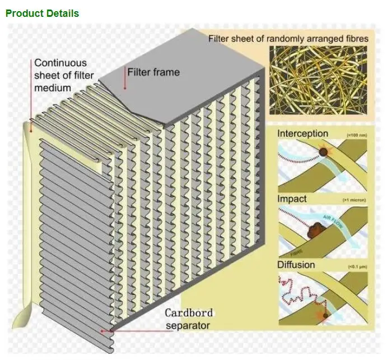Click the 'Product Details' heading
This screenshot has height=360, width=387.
point(42,13)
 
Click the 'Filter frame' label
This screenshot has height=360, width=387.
point(153,72)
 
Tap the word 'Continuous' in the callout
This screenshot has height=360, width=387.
point(60,63)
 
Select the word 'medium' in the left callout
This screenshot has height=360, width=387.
point(53,87)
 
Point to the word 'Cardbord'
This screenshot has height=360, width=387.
point(189,313)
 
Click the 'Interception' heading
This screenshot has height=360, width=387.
point(302,133)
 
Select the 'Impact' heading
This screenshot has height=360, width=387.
point(292,199)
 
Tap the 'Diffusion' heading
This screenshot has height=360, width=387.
point(296,264)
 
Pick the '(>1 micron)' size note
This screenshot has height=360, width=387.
point(354,200)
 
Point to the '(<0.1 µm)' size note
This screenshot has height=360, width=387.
point(357,266)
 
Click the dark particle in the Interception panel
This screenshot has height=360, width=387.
point(323,152)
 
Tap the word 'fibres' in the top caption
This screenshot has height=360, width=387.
point(356,39)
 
